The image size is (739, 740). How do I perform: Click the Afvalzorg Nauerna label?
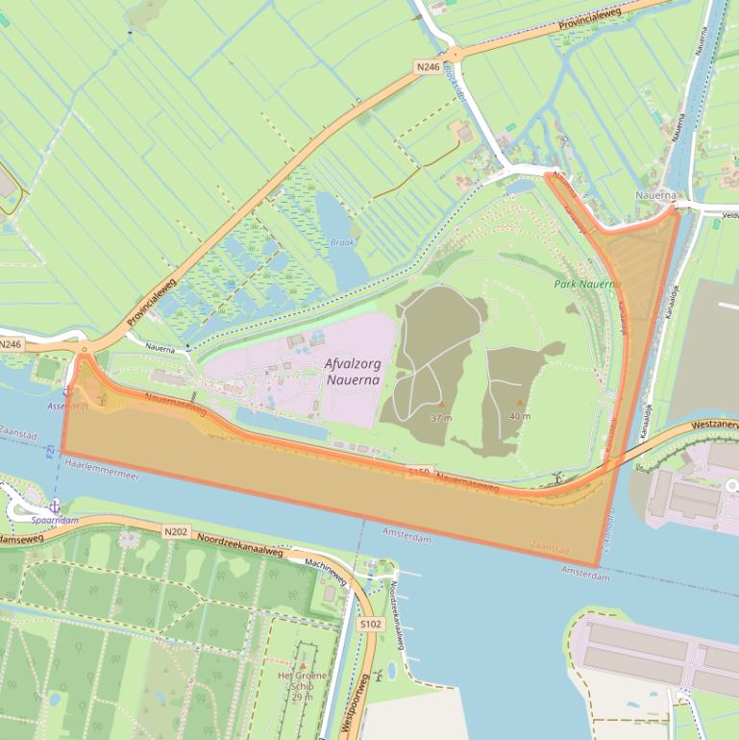353,372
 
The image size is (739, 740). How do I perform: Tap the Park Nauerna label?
583,284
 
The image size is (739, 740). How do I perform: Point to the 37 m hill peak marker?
440,405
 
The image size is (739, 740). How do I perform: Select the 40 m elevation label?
520,416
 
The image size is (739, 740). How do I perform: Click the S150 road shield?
418,472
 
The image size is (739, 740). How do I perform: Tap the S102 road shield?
370,625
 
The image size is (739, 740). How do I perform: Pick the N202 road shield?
175,531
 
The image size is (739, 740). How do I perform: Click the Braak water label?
342,242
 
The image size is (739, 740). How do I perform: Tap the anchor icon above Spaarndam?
55,505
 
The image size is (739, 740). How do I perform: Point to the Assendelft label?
67,406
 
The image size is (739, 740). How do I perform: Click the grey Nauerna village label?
655,195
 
